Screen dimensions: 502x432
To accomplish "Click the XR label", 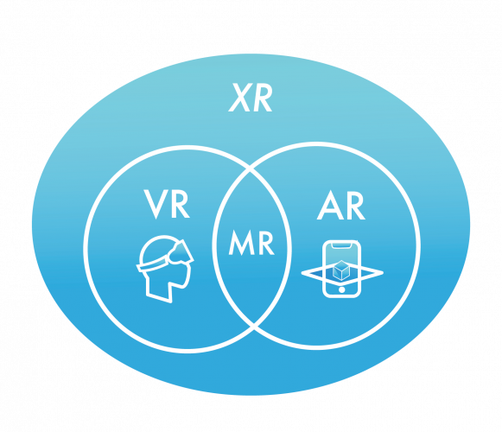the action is point(251,98).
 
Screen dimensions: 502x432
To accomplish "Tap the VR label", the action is point(167,204).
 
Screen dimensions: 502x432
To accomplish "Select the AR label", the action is point(341,206).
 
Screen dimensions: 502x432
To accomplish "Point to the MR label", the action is point(251,242).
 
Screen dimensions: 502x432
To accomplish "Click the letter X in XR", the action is point(239,98).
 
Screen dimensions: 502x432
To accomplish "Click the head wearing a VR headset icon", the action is point(165,269).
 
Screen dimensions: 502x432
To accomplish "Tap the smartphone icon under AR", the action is point(341,269).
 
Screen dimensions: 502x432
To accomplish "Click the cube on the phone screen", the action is point(341,270).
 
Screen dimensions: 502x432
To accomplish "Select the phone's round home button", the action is point(341,289).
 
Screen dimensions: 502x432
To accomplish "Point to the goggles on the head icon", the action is point(180,251).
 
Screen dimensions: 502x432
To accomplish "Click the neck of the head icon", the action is point(159,289).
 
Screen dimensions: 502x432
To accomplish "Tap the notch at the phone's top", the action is point(341,245).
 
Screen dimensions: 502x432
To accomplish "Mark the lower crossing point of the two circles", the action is point(254,326).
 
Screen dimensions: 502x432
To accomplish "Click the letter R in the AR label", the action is point(355,206).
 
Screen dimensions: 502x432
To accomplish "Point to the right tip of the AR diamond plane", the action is point(383,273).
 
